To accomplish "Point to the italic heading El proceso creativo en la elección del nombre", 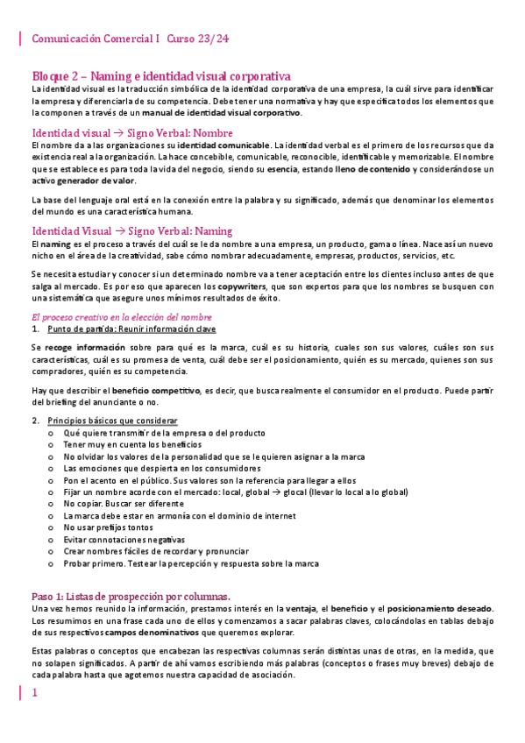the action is coord(121,316).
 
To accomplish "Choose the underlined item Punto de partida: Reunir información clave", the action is coord(132,329).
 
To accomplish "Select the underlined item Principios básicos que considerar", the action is coord(112,421).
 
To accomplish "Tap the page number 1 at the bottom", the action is coord(35,694).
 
